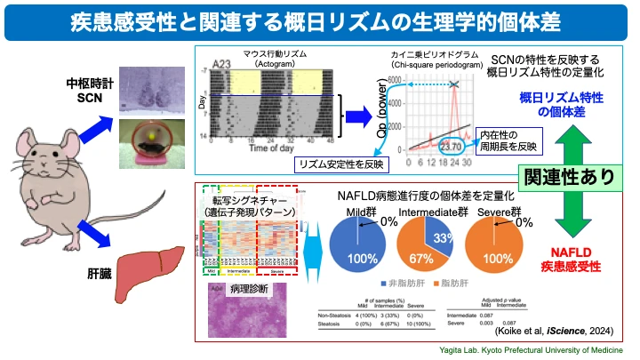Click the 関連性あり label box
coord(568,175)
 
